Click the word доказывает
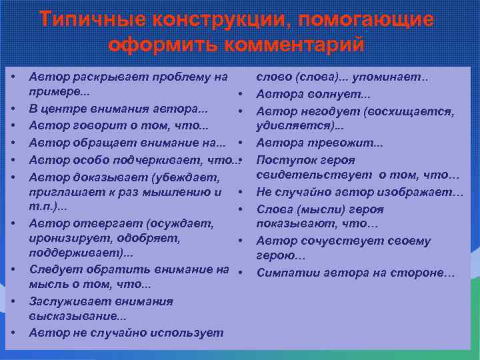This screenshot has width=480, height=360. [x=102, y=176]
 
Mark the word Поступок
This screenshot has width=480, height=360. [x=286, y=160]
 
